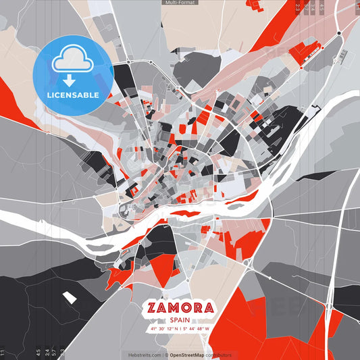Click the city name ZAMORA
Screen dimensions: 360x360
coord(180,309)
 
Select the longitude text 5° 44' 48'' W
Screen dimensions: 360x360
coord(197,330)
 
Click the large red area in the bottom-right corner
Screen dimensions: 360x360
coord(263,324)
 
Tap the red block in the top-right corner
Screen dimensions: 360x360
coord(270,17)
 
